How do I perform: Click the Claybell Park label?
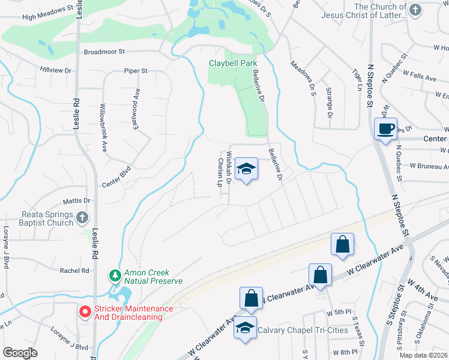click(232, 62)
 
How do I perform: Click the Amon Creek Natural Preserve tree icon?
click(114, 275)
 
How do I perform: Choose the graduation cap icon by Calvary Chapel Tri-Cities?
click(244, 328)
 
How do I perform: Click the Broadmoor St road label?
click(104, 52)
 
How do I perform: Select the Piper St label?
click(136, 71)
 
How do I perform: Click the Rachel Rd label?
click(74, 271)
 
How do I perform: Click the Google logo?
click(20, 353)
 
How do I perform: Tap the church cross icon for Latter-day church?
click(415, 10)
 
